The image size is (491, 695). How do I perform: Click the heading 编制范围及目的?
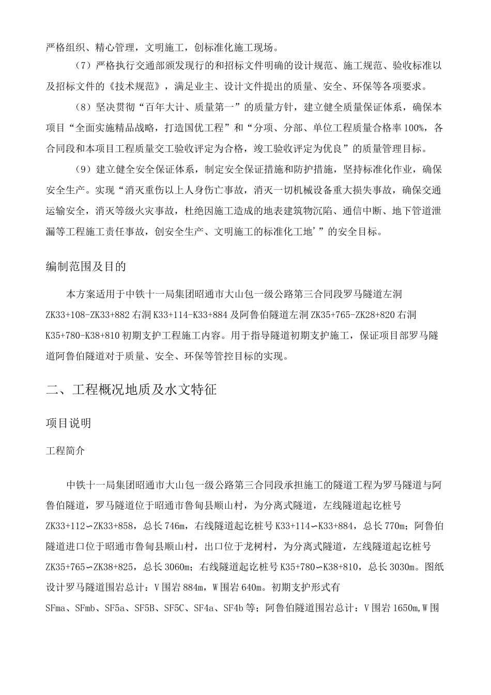tap(85, 267)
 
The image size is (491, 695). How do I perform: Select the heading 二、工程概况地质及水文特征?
tap(131, 389)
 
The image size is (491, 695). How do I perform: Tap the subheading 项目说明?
tap(69, 423)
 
